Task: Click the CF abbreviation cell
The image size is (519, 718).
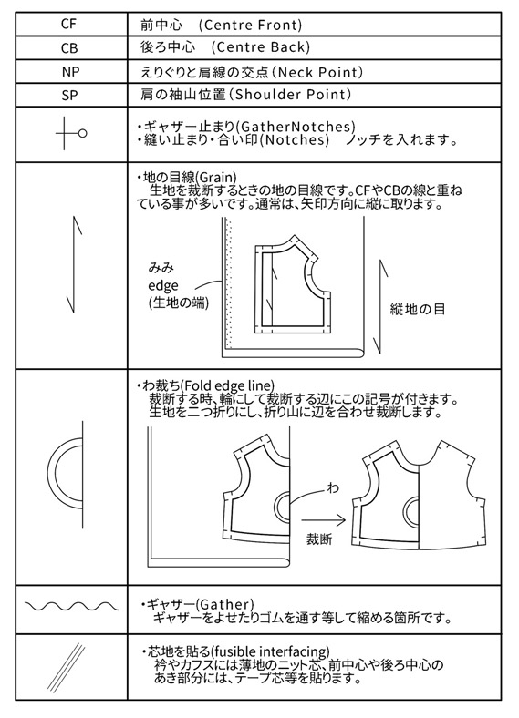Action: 68,24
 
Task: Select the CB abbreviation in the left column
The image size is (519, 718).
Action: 68,48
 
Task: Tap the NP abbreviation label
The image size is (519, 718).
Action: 69,72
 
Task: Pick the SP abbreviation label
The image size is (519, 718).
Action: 69,96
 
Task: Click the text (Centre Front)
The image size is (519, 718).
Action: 250,25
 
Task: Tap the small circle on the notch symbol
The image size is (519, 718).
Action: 82,134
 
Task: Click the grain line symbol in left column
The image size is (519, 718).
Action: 74,264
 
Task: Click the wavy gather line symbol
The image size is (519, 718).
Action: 71,607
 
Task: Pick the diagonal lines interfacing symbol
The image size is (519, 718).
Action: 66,668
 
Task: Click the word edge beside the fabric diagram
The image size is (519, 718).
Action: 163,286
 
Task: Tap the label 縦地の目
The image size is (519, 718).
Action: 418,310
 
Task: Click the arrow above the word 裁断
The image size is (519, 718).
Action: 323,519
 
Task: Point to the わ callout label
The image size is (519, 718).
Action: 333,488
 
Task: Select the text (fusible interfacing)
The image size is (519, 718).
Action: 270,651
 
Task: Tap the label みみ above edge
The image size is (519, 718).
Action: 161,267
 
